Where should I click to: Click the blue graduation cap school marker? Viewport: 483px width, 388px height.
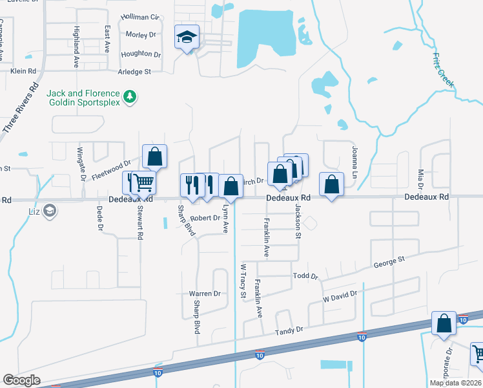coord(187,39)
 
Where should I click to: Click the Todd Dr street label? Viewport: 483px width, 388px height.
coord(305,276)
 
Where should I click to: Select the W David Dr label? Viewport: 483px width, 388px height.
coord(340,297)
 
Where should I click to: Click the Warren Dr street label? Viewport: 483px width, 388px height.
coord(205,294)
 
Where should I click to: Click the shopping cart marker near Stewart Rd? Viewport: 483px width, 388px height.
coord(144,183)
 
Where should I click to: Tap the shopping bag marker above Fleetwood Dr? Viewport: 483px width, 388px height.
coord(155,156)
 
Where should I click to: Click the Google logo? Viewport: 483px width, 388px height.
coord(21,380)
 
